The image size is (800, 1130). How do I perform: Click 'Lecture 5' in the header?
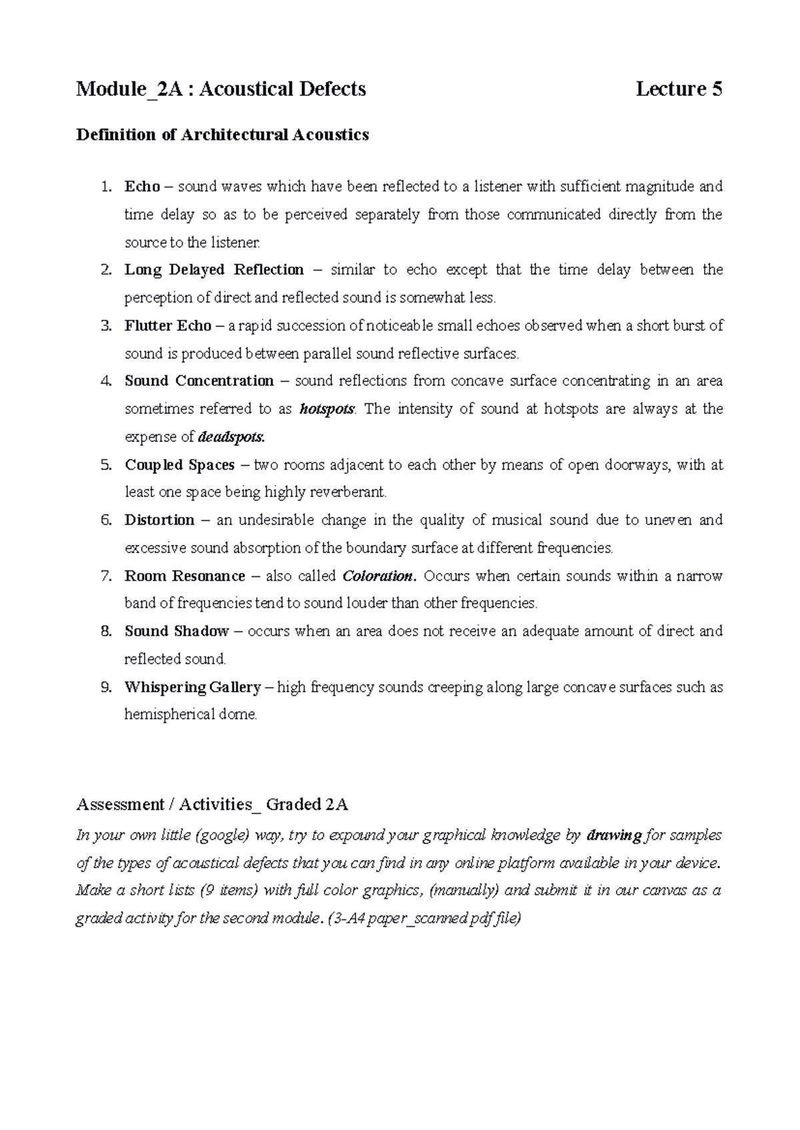point(679,89)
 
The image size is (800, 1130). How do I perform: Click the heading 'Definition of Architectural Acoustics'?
point(223,135)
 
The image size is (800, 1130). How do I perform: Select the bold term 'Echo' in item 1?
point(142,187)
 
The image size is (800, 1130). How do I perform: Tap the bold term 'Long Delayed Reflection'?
point(214,270)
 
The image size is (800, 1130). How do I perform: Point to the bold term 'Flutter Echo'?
point(167,326)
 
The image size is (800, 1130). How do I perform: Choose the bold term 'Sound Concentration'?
point(199,381)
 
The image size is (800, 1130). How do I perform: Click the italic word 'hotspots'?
point(327,409)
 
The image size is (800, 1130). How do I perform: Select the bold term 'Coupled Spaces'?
point(179,465)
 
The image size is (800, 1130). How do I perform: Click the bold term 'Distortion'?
point(159,520)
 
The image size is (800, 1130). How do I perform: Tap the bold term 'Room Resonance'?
point(185,576)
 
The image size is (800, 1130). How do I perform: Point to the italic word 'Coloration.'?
point(379,576)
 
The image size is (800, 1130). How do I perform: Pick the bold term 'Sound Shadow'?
point(177,631)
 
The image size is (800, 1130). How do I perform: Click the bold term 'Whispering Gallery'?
point(192,687)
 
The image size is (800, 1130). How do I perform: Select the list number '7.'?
point(106,576)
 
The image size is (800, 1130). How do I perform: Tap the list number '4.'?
point(106,381)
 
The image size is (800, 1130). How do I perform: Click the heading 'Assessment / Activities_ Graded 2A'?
point(212,804)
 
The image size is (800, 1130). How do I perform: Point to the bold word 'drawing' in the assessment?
point(613,836)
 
